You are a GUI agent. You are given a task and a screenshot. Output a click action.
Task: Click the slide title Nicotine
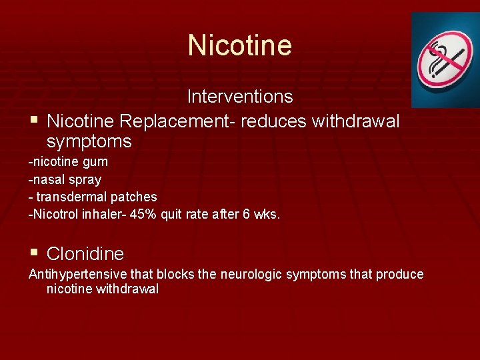[239, 45]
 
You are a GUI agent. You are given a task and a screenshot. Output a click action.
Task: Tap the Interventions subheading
[239, 97]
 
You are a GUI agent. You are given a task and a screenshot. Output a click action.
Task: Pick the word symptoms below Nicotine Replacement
[89, 142]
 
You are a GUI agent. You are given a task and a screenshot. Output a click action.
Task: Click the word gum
[95, 162]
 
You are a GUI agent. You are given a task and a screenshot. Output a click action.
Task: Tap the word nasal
[47, 179]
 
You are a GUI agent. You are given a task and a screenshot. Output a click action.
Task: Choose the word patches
[136, 197]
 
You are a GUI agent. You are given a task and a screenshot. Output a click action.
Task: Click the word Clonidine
[85, 254]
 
